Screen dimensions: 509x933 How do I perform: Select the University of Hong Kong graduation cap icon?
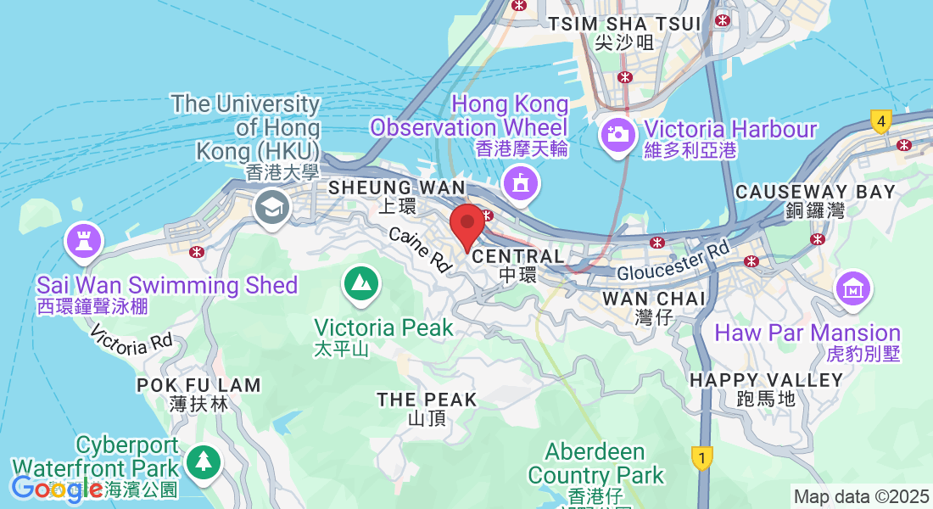[x=271, y=207]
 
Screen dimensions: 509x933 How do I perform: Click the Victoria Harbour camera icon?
[x=617, y=135]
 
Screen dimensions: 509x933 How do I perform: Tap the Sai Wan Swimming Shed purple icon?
[x=83, y=239]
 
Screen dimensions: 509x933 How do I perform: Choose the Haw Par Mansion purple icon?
[x=853, y=288]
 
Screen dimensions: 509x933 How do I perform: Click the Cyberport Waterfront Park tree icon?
[x=203, y=461]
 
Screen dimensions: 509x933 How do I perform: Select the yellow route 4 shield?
[x=881, y=122]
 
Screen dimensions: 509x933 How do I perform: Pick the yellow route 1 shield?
[x=701, y=458]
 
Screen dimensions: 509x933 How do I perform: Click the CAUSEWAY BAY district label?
[x=815, y=192]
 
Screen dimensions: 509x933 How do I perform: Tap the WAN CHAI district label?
[x=653, y=299]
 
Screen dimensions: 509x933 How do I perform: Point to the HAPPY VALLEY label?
[x=767, y=380]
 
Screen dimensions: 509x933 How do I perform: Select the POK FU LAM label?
[x=199, y=385]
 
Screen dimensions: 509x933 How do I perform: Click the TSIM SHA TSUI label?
[x=625, y=24]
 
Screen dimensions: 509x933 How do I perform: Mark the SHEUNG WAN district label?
[x=397, y=187]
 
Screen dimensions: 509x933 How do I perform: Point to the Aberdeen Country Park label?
[x=595, y=462]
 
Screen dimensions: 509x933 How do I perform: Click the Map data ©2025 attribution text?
[x=861, y=496]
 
